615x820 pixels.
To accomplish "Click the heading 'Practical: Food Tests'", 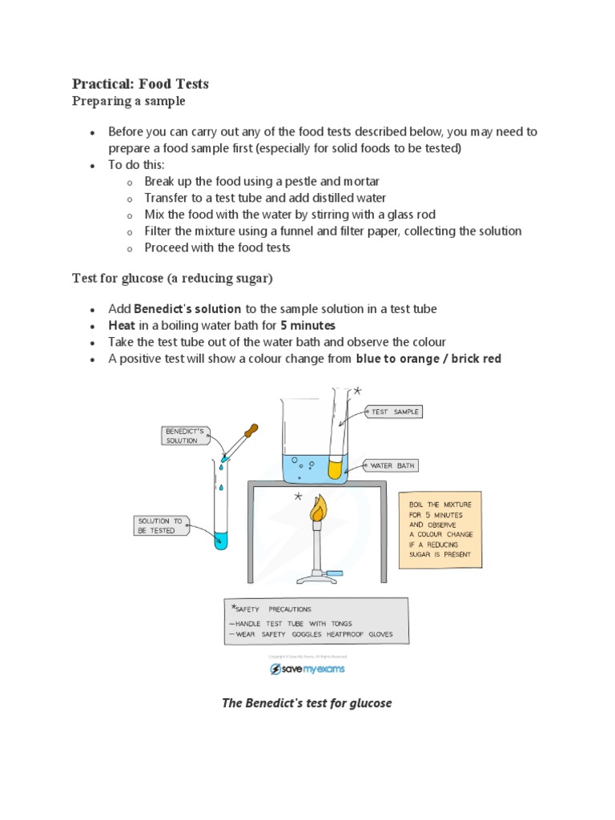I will [x=140, y=83].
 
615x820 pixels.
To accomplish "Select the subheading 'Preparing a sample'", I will [x=128, y=101].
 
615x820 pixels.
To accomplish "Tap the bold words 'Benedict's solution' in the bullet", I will [x=187, y=308].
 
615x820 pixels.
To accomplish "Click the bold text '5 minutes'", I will [x=307, y=325].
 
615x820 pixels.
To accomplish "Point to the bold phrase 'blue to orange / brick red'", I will [x=428, y=359].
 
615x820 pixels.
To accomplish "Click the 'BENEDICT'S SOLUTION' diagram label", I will [x=185, y=436].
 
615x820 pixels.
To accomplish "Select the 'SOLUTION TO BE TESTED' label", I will [x=160, y=525].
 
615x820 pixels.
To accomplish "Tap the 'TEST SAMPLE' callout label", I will [x=393, y=412].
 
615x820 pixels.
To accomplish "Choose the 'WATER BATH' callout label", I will [x=392, y=465].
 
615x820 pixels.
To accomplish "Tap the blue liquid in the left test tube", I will [x=219, y=541].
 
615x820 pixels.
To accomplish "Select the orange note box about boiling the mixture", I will [x=440, y=529].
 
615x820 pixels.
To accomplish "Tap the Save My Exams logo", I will [x=307, y=669].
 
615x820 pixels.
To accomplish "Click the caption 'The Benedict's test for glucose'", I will [x=307, y=703].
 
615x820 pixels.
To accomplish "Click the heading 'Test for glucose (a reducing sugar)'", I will [x=172, y=277].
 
